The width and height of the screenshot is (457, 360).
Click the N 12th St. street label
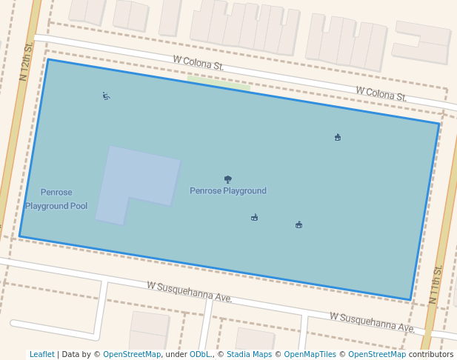coord(27,61)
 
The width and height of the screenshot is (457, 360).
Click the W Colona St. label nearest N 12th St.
coord(199,64)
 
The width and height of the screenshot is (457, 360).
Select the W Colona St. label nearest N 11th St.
coord(381,93)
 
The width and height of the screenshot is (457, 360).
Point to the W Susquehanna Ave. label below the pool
coord(190,291)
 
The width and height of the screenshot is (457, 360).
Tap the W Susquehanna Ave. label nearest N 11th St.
coord(372,321)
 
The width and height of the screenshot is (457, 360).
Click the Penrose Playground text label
coord(227,191)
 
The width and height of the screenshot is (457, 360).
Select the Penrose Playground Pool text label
coord(56,199)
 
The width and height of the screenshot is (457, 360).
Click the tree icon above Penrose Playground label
coord(227,179)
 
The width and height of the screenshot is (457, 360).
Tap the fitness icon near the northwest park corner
coord(106,96)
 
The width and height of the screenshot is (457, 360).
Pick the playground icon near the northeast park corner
coord(338,137)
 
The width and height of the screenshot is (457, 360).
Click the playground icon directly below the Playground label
coord(254,217)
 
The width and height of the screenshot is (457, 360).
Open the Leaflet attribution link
coord(42,355)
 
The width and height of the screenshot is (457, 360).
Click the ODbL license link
coord(200,355)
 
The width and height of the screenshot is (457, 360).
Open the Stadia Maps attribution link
coord(249,355)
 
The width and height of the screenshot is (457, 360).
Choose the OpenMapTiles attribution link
coord(310,355)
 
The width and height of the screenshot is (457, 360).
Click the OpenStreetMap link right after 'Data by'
coord(132,355)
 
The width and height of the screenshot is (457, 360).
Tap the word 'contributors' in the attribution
coord(430,355)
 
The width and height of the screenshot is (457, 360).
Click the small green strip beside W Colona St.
coord(219,83)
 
